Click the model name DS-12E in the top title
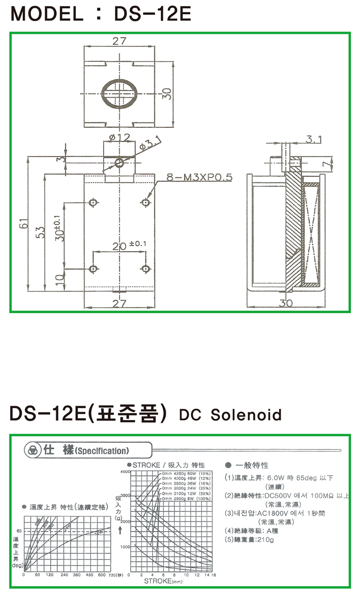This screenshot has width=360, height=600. click(x=152, y=14)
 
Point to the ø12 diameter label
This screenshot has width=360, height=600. click(x=117, y=137)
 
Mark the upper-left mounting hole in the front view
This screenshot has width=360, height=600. click(x=94, y=202)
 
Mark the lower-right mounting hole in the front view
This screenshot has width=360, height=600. click(x=145, y=269)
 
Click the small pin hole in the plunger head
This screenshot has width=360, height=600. click(x=119, y=162)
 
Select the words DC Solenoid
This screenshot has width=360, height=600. click(x=230, y=414)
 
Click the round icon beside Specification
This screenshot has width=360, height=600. click(x=34, y=450)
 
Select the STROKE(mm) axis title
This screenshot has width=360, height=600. click(x=163, y=581)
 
